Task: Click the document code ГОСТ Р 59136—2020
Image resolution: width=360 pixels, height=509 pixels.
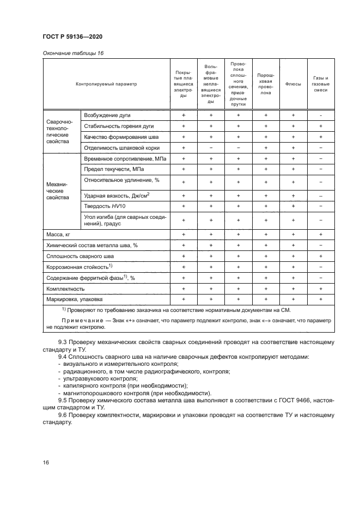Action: pyautogui.click(x=72, y=36)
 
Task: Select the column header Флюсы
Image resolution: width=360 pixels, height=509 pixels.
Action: pyautogui.click(x=293, y=84)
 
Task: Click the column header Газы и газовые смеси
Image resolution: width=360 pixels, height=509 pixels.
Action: pyautogui.click(x=321, y=84)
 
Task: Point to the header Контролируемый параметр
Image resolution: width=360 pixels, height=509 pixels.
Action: pyautogui.click(x=106, y=84)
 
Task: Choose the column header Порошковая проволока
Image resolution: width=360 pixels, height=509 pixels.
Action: pyautogui.click(x=265, y=84)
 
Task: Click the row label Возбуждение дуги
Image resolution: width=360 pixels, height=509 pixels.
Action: pyautogui.click(x=107, y=115)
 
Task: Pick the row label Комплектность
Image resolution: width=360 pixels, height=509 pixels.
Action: pyautogui.click(x=65, y=289)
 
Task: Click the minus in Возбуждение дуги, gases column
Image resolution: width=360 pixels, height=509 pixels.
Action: pyautogui.click(x=321, y=115)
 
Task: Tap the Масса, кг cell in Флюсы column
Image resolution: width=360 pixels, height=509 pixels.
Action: pyautogui.click(x=293, y=234)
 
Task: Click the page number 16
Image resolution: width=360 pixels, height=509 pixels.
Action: pyautogui.click(x=46, y=462)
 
